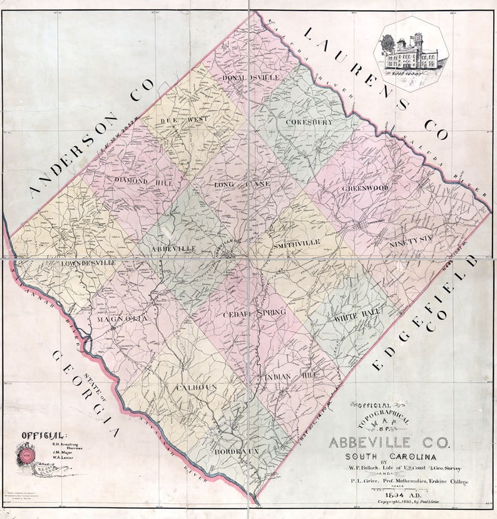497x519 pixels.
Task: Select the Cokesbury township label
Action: pos(309,122)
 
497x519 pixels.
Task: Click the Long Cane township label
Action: pos(242,184)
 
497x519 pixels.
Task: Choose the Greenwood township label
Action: pos(365,187)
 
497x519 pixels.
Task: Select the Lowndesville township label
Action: pos(88,263)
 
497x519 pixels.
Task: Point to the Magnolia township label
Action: pos(122,319)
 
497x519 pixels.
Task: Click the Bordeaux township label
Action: pos(237,451)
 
